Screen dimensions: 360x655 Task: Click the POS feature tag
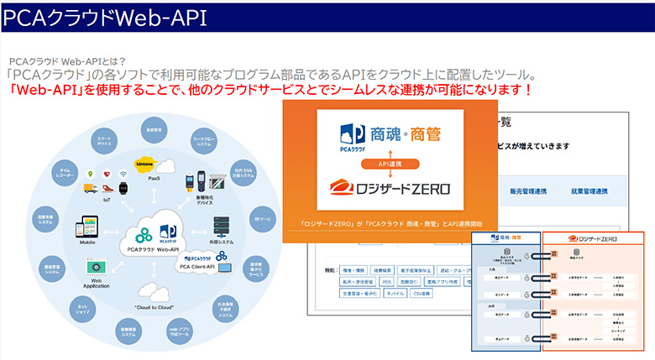click(386, 282)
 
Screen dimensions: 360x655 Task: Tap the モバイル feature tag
click(418, 295)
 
